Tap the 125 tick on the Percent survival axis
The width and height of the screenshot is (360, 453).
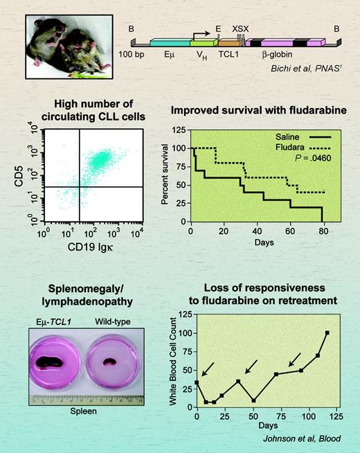click(x=179, y=130)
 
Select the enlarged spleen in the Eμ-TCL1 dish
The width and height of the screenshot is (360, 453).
click(x=60, y=362)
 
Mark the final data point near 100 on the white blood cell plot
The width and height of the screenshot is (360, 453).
click(x=327, y=332)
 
